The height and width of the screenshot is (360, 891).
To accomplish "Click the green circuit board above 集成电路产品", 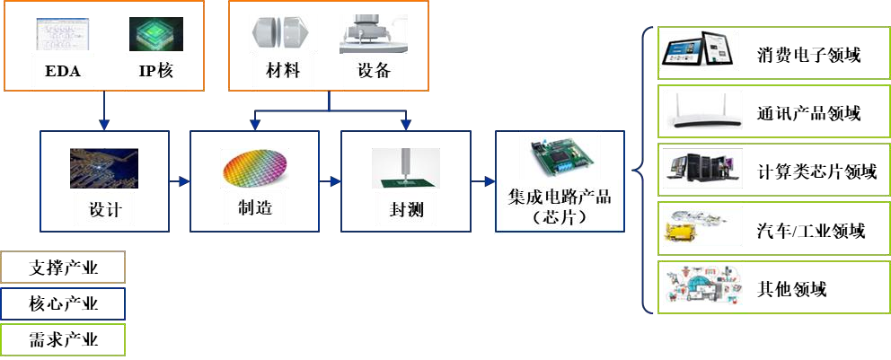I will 560,161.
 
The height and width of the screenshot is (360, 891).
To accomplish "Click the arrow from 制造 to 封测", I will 331,181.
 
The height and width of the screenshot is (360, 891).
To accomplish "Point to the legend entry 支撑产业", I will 63,267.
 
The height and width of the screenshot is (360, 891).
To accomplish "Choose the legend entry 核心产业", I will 63,303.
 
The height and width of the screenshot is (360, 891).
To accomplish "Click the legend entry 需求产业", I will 63,340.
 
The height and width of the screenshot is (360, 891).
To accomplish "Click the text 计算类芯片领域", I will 816,171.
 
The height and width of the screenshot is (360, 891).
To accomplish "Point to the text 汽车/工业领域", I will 811,231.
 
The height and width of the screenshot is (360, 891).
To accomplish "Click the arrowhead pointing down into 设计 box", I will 104,125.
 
